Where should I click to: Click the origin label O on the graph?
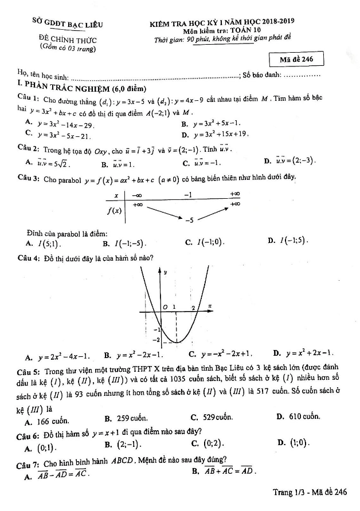165,308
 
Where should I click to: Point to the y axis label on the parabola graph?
166,273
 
